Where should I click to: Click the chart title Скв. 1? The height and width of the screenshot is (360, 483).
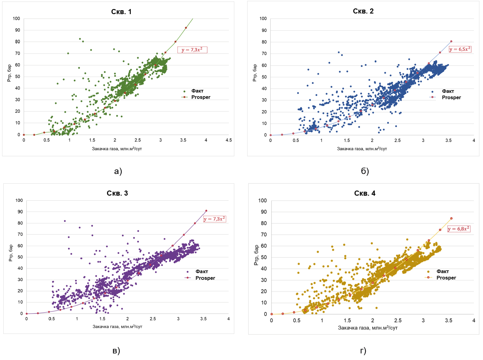click(x=121, y=12)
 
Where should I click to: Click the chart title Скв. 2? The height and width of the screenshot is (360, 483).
click(x=363, y=11)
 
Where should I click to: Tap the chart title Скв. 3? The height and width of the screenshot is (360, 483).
click(x=117, y=193)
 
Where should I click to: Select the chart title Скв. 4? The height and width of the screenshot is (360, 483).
click(x=365, y=193)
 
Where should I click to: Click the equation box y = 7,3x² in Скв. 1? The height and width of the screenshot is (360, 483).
click(x=192, y=50)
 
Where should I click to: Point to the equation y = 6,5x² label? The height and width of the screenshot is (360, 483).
click(x=460, y=49)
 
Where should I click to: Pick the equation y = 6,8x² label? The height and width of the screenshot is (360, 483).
click(x=459, y=229)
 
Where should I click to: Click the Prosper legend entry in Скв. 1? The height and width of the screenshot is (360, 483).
click(x=201, y=97)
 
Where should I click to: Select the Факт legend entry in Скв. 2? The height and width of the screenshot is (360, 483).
click(x=448, y=91)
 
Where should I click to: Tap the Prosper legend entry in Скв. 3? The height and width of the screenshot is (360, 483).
click(x=205, y=278)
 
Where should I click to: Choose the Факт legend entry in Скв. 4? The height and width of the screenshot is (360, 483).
click(x=442, y=271)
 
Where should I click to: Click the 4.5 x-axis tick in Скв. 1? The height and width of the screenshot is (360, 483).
click(x=229, y=140)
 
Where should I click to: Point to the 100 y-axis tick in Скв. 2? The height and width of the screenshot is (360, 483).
click(x=263, y=19)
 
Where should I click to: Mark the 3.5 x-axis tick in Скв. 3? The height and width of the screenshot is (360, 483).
click(x=203, y=319)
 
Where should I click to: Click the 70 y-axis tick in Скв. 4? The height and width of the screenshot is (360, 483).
click(x=264, y=234)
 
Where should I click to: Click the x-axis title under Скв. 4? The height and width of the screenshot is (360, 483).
click(x=368, y=328)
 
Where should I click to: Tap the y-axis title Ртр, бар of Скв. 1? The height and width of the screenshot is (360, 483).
click(x=9, y=73)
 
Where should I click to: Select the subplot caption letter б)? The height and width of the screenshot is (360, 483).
click(x=365, y=171)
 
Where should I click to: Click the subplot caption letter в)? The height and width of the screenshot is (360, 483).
click(x=116, y=351)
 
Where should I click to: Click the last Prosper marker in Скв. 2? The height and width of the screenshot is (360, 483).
click(x=451, y=41)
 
